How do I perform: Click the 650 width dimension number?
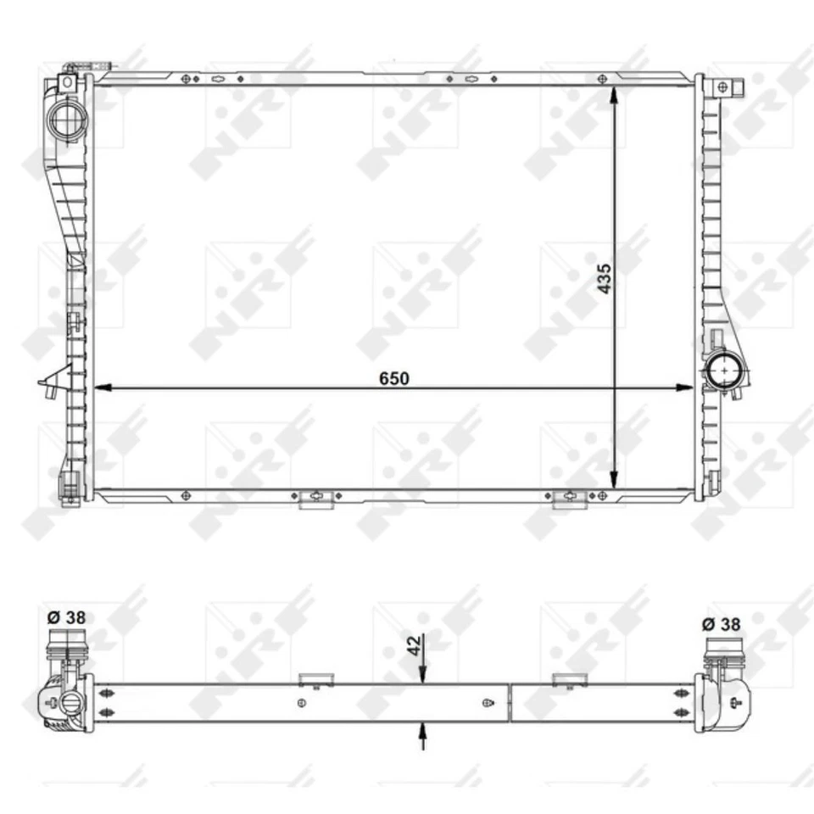pos(394,378)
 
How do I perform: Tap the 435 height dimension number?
pos(604,277)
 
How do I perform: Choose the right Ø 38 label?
pos(721,624)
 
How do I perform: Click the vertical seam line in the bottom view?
pos(510,702)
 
